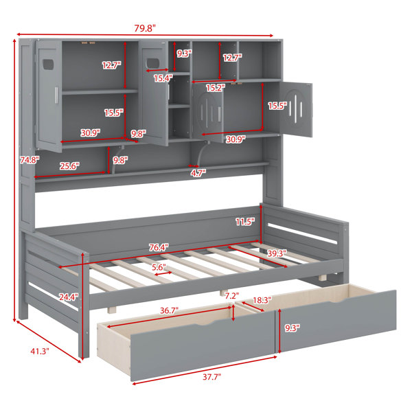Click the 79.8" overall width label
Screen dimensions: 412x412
tap(145, 28)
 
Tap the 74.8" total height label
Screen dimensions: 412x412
tap(30, 160)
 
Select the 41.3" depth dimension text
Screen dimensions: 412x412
tap(40, 351)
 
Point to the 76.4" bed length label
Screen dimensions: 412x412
tap(159, 247)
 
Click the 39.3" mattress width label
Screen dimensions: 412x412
tap(277, 253)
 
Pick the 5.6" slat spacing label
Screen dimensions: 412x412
tap(159, 268)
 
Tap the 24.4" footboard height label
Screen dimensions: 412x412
tap(69, 297)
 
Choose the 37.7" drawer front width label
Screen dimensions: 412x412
tap(211, 377)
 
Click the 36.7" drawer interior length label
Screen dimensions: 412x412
tap(169, 310)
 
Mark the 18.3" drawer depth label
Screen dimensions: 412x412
tap(262, 300)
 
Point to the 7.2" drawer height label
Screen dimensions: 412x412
tap(232, 296)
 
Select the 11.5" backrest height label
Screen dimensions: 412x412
tap(245, 222)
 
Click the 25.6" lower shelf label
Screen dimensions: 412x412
tap(69, 166)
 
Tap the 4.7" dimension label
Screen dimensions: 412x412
tap(198, 173)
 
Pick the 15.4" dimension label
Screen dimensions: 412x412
tap(163, 78)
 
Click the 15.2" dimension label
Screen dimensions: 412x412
tap(216, 88)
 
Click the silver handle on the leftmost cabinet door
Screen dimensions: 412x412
tap(56, 95)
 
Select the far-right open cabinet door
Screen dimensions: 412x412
tap(296, 109)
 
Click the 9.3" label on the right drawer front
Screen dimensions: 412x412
tap(293, 328)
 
